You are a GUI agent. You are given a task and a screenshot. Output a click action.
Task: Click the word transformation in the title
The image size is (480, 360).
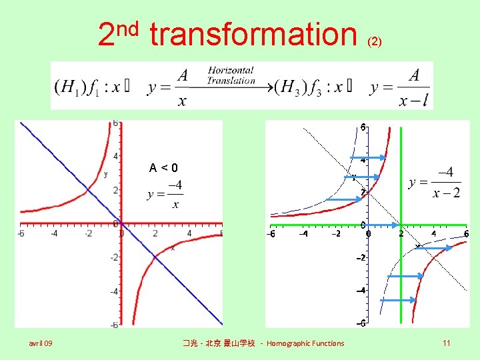253,35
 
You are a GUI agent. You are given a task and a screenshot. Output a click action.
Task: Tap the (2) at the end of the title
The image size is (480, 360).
375,41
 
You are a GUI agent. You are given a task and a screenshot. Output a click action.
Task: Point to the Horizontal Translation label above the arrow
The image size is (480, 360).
231,75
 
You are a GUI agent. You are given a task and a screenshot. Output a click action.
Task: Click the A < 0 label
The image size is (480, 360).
163,167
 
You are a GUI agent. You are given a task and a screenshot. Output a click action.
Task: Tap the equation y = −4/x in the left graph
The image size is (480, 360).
166,194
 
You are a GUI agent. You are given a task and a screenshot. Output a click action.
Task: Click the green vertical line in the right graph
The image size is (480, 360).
401,280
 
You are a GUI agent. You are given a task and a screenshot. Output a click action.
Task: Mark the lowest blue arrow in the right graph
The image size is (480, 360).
397,301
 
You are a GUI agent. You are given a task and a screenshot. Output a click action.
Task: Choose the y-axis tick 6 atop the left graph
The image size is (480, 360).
115,124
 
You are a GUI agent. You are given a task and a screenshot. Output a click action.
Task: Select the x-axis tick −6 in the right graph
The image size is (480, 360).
271,234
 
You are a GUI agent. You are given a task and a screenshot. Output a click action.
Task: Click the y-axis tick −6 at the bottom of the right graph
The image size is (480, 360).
359,324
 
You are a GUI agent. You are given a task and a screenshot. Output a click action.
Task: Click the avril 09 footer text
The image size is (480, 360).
41,343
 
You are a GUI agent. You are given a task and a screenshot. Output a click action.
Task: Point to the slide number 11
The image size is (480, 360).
446,343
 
